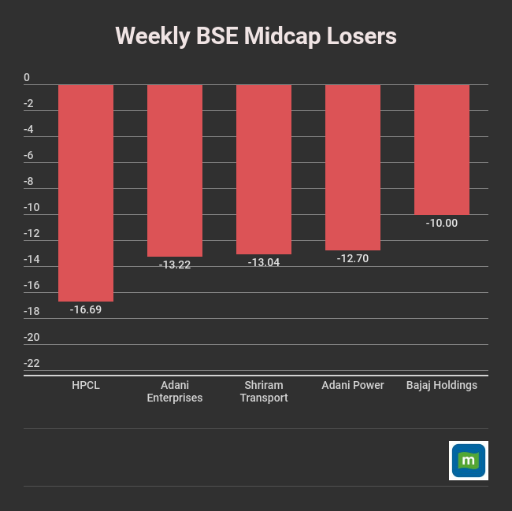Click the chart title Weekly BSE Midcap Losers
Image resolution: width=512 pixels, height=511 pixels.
click(256, 36)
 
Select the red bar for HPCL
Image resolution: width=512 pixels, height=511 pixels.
click(86, 192)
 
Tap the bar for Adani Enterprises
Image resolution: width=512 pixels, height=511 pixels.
click(175, 170)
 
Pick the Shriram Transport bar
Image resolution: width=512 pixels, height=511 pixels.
click(264, 169)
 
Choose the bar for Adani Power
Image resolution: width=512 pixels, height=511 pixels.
click(353, 167)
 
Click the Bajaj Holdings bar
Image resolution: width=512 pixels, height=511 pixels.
click(442, 150)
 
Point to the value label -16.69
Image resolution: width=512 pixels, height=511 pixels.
click(86, 310)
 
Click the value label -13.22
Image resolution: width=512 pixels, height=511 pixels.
click(175, 265)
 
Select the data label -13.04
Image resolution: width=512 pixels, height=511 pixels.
click(264, 263)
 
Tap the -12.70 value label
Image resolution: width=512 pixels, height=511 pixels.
click(353, 259)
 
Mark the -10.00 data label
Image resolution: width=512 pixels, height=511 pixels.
click(442, 224)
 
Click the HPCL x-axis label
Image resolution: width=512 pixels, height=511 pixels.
click(86, 385)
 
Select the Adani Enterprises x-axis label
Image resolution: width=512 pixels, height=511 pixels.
click(175, 391)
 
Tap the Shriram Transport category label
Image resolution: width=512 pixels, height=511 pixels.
click(264, 391)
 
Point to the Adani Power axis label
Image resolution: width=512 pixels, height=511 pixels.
click(353, 385)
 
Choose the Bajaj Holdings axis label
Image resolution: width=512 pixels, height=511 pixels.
click(442, 385)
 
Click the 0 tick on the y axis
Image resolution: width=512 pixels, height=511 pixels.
click(27, 78)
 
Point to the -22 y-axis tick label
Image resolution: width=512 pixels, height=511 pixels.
click(32, 364)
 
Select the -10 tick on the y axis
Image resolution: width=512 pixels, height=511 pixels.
click(32, 208)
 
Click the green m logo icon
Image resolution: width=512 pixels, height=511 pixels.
click(469, 461)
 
